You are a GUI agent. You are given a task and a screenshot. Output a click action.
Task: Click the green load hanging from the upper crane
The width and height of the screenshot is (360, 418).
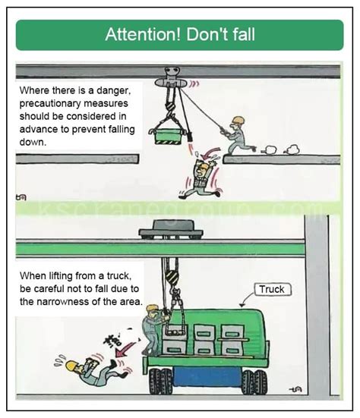[x=169, y=135]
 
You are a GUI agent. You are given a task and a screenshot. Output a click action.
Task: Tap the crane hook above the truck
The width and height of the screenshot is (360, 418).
[x=172, y=279]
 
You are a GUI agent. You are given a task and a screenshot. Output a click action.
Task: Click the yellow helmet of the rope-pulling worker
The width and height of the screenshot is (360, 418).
[x=238, y=121]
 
